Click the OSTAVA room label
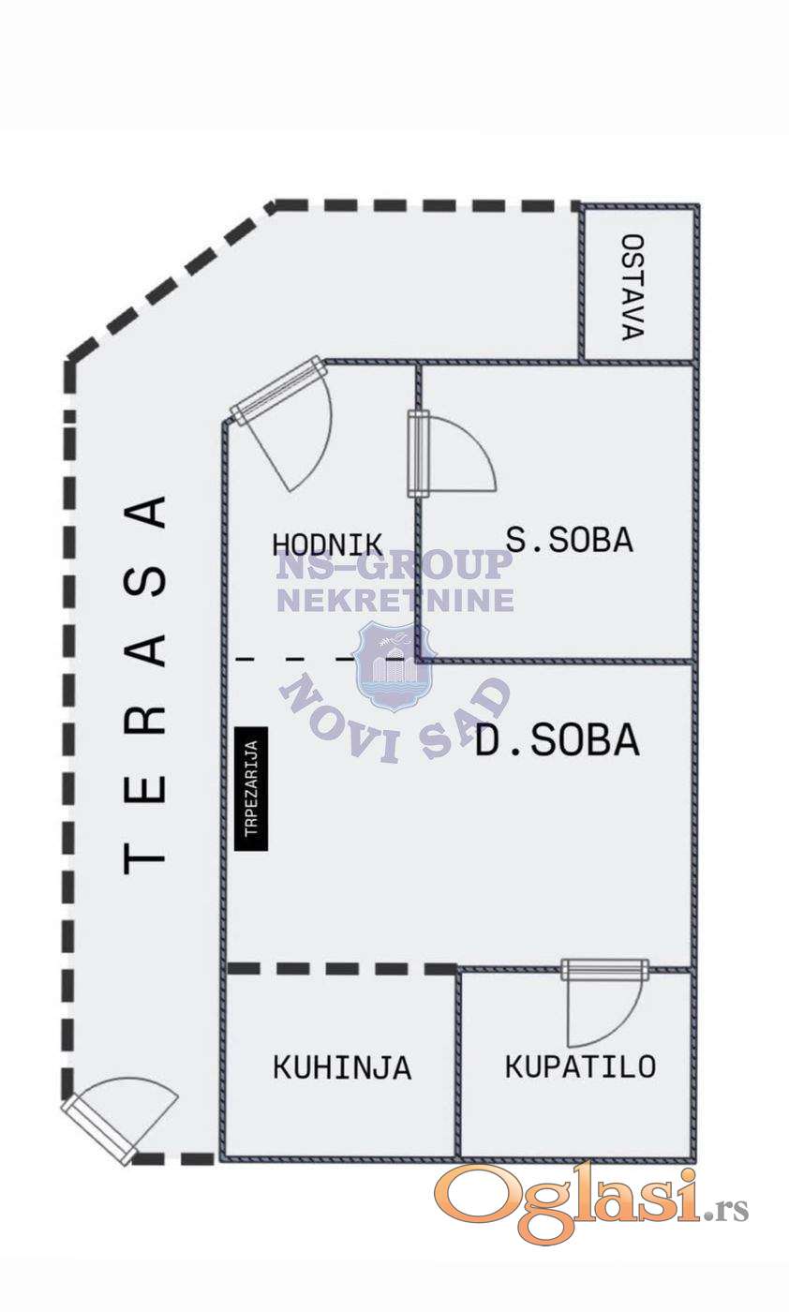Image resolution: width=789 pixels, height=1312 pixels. tap(633, 287)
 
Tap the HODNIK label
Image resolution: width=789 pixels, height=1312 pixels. tap(327, 544)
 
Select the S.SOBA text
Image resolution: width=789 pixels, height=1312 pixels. tap(570, 540)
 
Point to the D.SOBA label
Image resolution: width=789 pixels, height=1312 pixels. tap(557, 740)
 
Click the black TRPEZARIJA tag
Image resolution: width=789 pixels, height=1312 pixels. tap(251, 788)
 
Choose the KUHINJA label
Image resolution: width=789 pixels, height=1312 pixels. tap(342, 1067)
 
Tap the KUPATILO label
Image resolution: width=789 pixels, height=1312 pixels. tap(580, 1066)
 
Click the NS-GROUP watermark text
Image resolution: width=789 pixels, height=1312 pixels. tap(394, 565)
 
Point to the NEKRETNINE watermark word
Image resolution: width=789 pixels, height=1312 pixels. tap(395, 601)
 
